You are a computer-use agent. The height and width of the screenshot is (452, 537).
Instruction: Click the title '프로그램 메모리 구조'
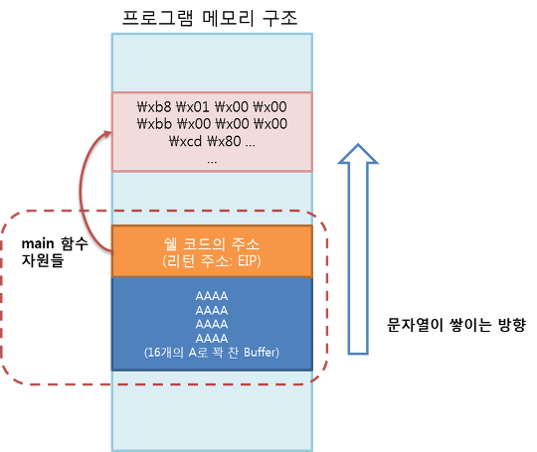[x=210, y=18]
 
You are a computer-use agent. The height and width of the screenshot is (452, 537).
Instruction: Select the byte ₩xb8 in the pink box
[x=154, y=106]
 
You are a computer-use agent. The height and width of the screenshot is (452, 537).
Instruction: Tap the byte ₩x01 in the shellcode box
[x=193, y=106]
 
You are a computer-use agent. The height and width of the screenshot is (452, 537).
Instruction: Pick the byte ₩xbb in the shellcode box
[x=154, y=123]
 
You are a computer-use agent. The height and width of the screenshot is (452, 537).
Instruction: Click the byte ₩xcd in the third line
[x=185, y=141]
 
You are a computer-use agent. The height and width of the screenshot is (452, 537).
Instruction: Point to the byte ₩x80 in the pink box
[x=224, y=141]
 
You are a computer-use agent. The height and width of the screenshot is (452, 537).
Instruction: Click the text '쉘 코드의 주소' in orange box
[x=212, y=244]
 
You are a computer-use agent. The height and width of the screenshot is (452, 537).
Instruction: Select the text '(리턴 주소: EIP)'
[x=212, y=261]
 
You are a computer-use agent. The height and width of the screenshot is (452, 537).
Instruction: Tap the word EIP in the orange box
[x=248, y=261]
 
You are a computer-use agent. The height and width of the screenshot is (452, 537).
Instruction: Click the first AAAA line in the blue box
[x=212, y=296]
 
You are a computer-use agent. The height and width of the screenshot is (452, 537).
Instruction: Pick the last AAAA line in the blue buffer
[x=212, y=339]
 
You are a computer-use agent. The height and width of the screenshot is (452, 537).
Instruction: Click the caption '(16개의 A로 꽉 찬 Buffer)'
[x=212, y=353]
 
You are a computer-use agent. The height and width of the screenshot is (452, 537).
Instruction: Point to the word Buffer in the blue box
[x=260, y=353]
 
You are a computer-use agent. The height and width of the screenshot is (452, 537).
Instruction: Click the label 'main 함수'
[x=55, y=243]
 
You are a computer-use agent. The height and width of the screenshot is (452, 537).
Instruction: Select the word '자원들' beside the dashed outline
[x=43, y=260]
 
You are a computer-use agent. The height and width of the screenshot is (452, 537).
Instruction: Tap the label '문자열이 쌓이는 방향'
[x=455, y=325]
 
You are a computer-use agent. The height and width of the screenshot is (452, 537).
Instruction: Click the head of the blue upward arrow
[x=358, y=153]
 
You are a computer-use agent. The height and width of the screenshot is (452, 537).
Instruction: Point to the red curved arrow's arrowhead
[x=107, y=133]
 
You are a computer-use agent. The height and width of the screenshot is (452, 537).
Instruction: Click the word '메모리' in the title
[x=228, y=18]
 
